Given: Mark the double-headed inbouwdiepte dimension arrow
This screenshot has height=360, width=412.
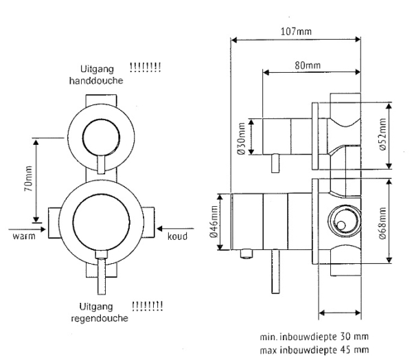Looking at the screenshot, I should (341, 314).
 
